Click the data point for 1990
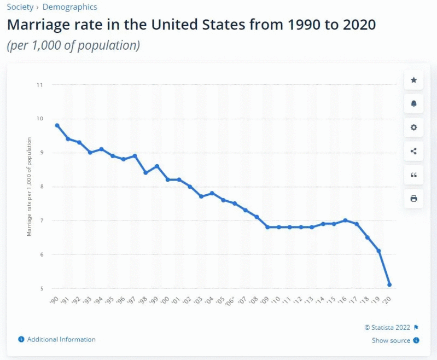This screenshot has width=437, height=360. (x=57, y=125)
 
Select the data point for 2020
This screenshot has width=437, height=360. (x=389, y=284)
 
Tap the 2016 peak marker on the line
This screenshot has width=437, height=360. (x=345, y=220)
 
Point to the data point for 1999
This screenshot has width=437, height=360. (x=157, y=166)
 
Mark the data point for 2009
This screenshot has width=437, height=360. (x=267, y=227)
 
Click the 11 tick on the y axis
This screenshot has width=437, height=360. (x=40, y=85)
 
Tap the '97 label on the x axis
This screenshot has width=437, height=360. (x=132, y=301)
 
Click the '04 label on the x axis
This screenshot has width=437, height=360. (x=209, y=301)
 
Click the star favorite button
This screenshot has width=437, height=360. (x=413, y=80)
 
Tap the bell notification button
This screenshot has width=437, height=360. (x=413, y=104)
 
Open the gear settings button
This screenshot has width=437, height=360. (x=413, y=127)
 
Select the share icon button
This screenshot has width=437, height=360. (x=413, y=151)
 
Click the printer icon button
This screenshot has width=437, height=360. (x=413, y=198)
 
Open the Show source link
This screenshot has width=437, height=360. (x=391, y=340)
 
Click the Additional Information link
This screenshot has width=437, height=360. (x=61, y=339)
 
